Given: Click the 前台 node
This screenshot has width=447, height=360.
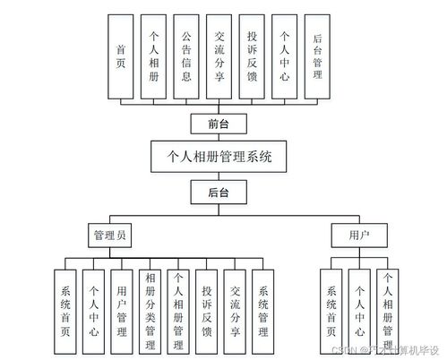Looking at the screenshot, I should click(219, 124).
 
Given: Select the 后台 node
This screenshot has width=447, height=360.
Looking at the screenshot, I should click(219, 192).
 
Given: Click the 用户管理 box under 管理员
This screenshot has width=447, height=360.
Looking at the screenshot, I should click(122, 310).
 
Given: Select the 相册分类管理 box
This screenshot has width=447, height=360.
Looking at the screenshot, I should click(150, 310).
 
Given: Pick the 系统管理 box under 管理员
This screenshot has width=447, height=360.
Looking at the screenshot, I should click(262, 310).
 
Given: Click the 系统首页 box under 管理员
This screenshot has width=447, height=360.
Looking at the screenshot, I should click(65, 310).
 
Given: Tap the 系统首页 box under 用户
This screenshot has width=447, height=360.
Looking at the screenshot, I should click(331, 310).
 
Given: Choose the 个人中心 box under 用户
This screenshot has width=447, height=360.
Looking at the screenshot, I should click(359, 310).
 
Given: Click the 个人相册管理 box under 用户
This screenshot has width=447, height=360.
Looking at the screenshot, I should click(387, 310).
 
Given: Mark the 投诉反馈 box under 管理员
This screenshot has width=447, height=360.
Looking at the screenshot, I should click(207, 310).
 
